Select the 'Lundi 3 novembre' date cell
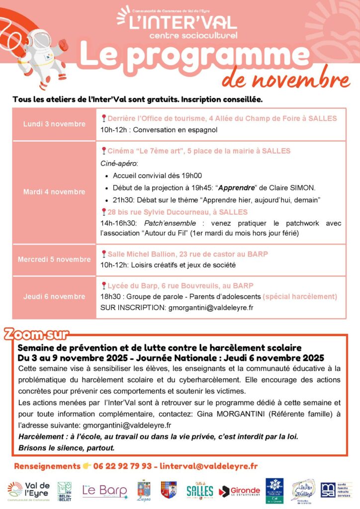coord(54,124)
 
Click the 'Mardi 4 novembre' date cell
coord(54,192)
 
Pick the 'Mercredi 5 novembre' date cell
coord(54,259)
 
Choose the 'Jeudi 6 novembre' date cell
coord(54,296)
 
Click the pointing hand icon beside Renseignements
coord(87,466)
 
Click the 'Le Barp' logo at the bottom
coord(105,490)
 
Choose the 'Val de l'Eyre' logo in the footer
coord(29,491)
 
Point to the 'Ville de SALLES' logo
coord(200,491)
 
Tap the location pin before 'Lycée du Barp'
coord(103,285)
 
